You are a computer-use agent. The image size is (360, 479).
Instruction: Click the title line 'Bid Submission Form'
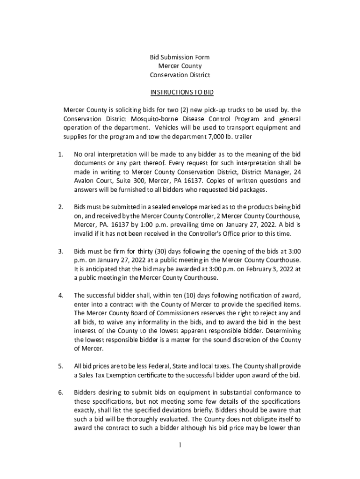[x=180, y=57]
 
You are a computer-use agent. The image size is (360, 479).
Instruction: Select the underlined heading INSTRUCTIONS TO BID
[x=180, y=93]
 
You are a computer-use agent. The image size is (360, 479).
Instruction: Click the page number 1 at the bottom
[x=180, y=445]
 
